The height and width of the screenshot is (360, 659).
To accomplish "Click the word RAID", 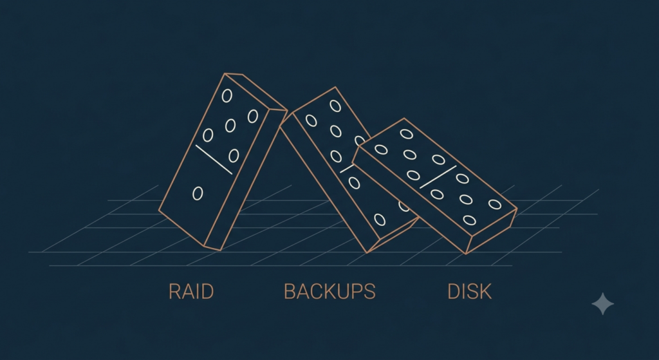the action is [x=191, y=292].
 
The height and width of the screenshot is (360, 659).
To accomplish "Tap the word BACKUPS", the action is [x=329, y=292].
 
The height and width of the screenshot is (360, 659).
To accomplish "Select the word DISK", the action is [x=469, y=292].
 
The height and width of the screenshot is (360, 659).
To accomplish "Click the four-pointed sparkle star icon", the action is [x=602, y=303].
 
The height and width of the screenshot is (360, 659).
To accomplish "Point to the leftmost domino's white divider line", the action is [x=214, y=160].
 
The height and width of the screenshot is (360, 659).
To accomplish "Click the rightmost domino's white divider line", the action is [x=438, y=177].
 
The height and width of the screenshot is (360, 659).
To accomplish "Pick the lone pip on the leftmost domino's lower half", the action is [x=198, y=193].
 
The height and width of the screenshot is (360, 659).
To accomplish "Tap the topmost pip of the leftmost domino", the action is [x=227, y=96].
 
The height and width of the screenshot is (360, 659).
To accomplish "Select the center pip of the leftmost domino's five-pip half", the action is [x=230, y=125].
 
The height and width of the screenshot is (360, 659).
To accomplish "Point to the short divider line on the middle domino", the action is [x=346, y=169].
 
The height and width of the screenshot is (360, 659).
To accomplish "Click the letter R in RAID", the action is [x=174, y=292].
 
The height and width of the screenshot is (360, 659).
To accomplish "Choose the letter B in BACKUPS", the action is [x=290, y=292].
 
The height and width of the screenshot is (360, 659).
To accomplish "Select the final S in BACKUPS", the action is [x=369, y=292].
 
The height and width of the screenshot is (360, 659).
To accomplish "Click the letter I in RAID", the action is [x=197, y=292].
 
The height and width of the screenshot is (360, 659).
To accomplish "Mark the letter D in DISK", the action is [x=454, y=292].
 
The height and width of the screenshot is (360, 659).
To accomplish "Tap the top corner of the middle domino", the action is [x=335, y=87].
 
